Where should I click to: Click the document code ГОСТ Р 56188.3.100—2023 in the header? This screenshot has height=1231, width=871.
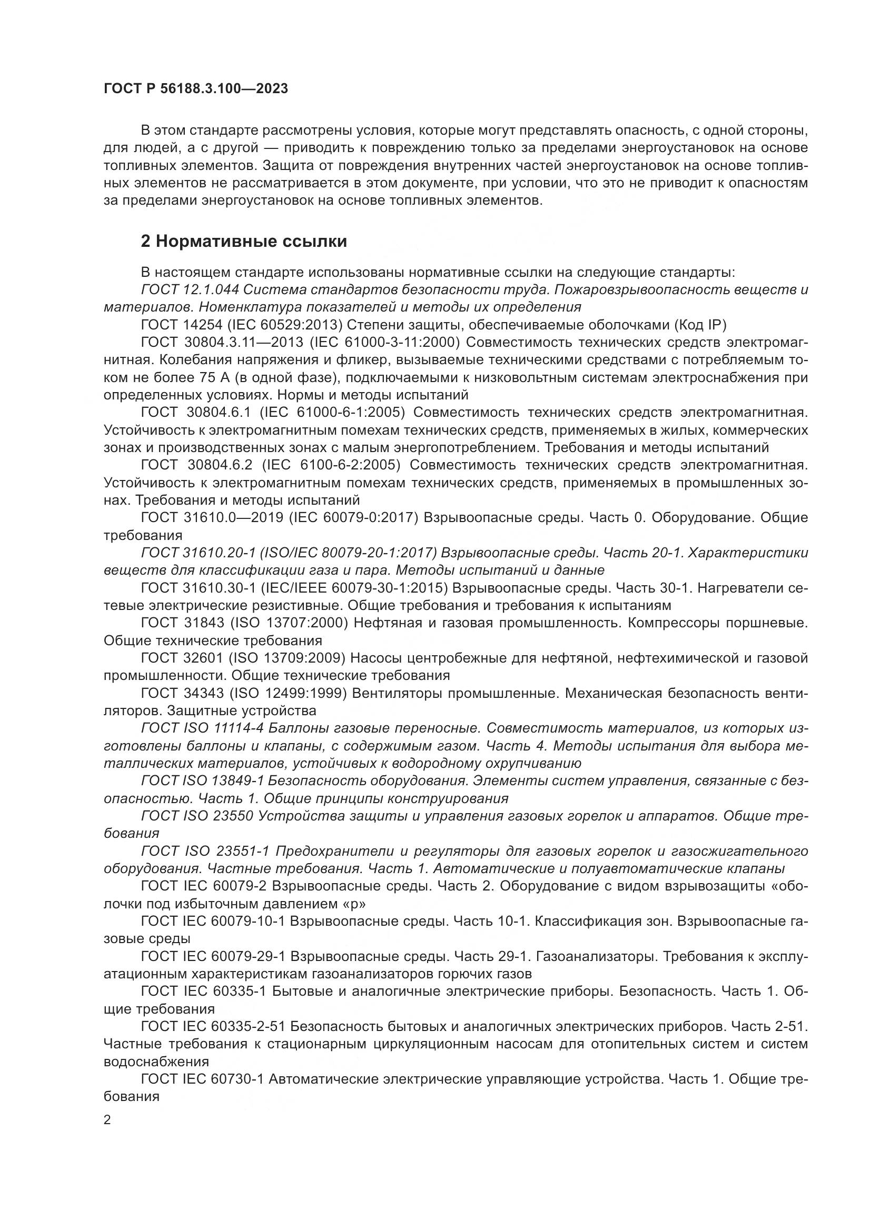(x=196, y=88)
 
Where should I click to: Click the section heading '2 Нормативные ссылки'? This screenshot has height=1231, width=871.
(x=243, y=241)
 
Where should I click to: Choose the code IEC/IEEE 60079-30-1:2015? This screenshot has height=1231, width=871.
(x=354, y=588)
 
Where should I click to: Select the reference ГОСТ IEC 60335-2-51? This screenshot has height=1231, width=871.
(x=212, y=1027)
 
